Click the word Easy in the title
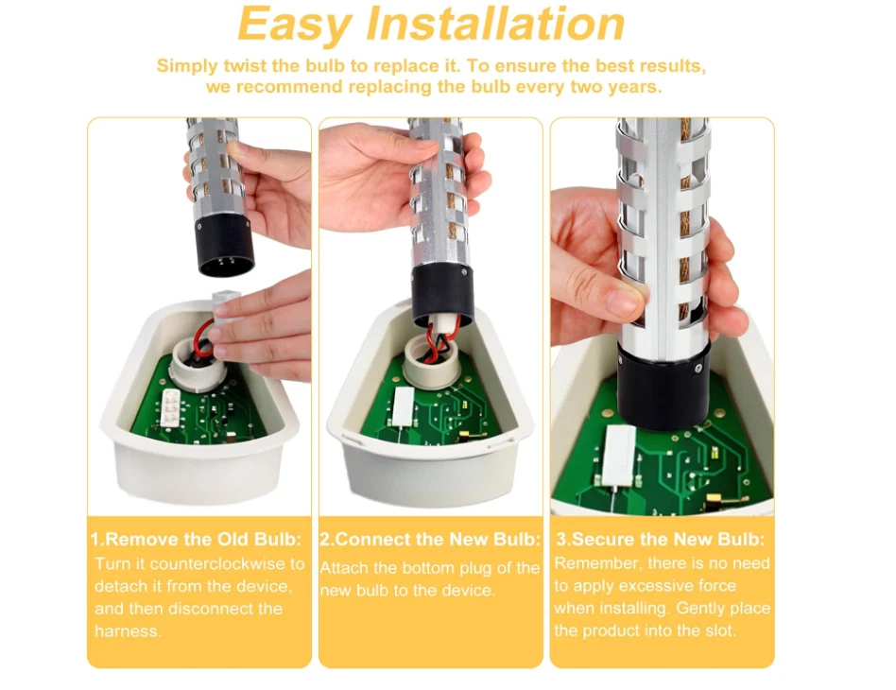(295, 26)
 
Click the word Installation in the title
(495, 24)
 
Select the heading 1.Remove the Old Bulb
(196, 539)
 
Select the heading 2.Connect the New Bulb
(430, 539)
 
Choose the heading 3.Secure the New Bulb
(661, 539)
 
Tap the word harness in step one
(128, 631)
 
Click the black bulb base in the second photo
(443, 297)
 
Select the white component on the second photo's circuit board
(404, 406)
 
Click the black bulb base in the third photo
(663, 384)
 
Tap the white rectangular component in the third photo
(619, 456)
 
